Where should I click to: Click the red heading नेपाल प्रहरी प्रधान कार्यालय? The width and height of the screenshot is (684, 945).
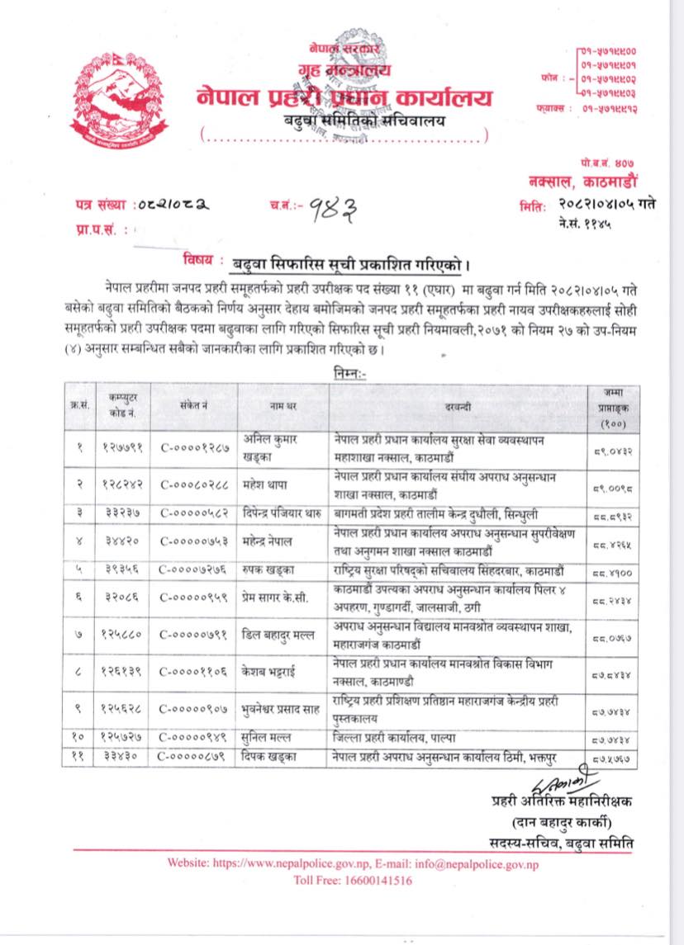[344, 97]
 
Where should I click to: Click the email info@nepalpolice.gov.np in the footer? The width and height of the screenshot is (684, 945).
[461, 864]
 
